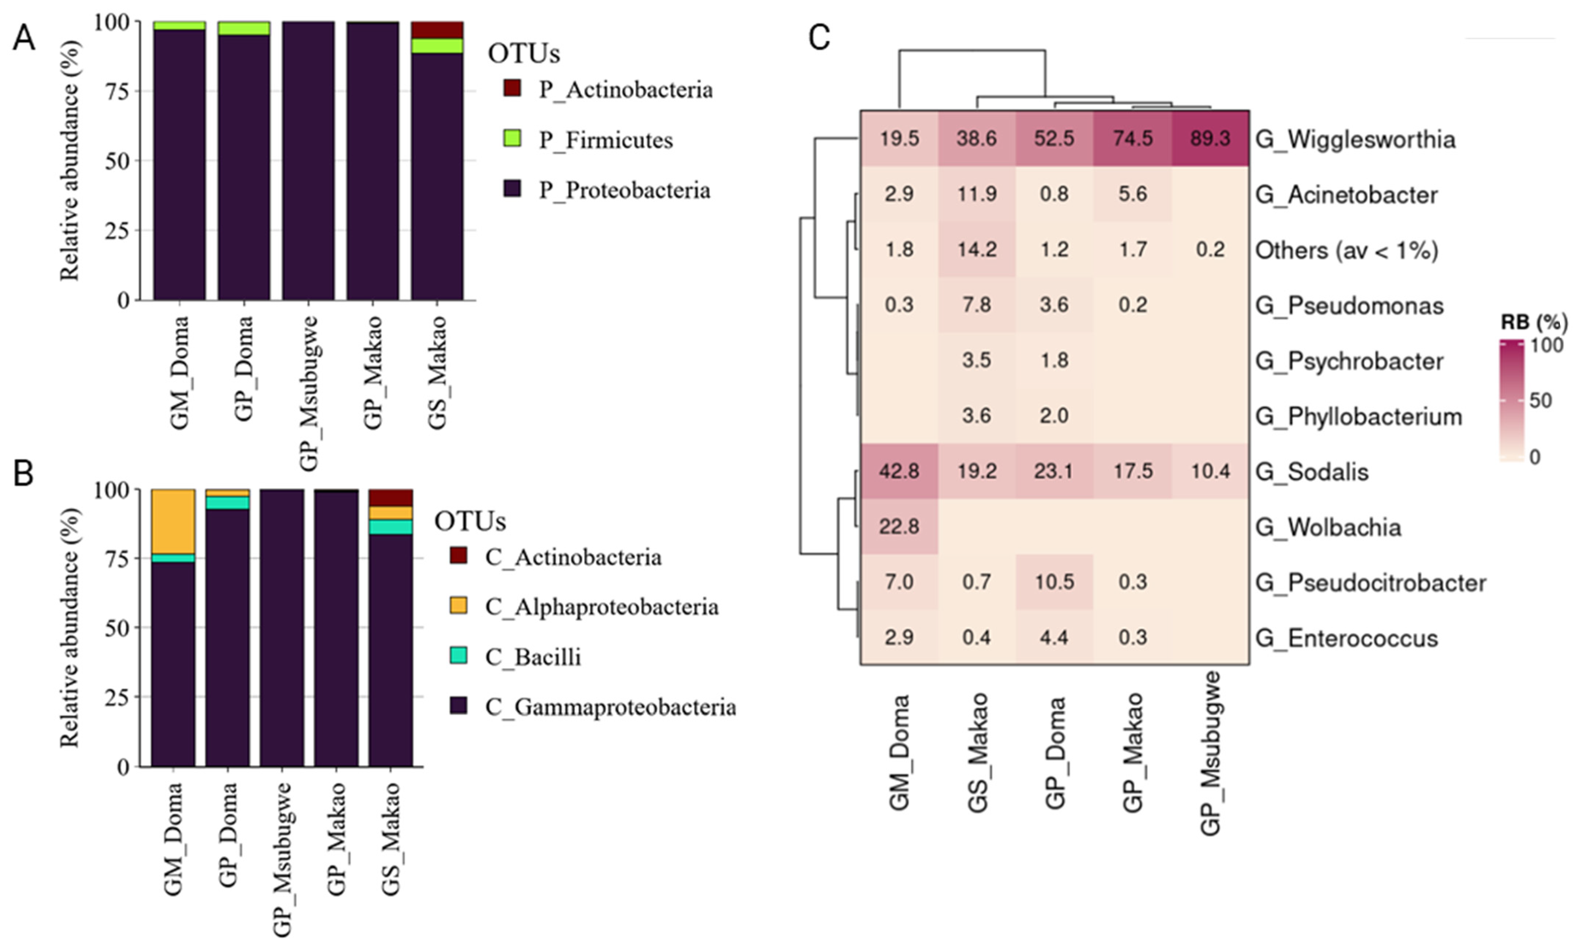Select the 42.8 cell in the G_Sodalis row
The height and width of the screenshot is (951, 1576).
pos(899,471)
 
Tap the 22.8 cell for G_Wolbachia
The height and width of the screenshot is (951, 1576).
pos(899,527)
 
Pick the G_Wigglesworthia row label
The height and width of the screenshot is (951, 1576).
pos(1355,139)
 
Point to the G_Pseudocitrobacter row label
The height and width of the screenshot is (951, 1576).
pos(1370,583)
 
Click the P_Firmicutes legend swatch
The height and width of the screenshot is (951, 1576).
pos(512,138)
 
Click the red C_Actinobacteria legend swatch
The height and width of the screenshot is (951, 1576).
pos(458,555)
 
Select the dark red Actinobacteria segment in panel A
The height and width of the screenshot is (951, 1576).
pos(437,30)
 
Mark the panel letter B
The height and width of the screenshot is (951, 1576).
pos(24,474)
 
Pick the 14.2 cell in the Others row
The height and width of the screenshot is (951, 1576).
pos(977,249)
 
